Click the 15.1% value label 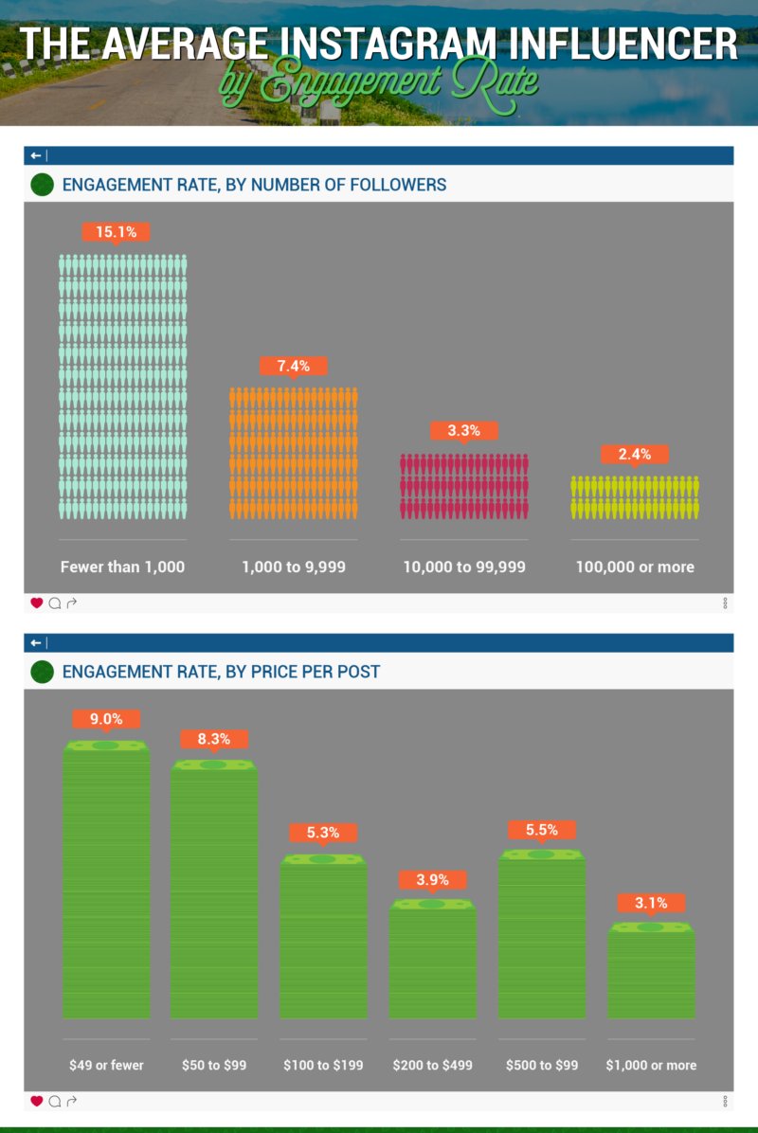point(116,231)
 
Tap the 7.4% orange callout point(294,366)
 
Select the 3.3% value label point(464,431)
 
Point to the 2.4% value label point(635,455)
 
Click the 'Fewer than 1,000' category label point(122,566)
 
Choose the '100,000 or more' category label point(635,566)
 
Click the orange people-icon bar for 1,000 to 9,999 point(294,453)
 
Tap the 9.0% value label point(106,719)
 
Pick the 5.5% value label point(541,830)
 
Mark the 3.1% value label point(651,903)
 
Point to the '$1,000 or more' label point(651,1065)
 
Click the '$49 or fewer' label point(106,1065)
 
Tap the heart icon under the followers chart point(37,602)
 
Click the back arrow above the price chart point(36,643)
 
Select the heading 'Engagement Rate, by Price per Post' point(221,672)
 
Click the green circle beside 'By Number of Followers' point(42,185)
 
